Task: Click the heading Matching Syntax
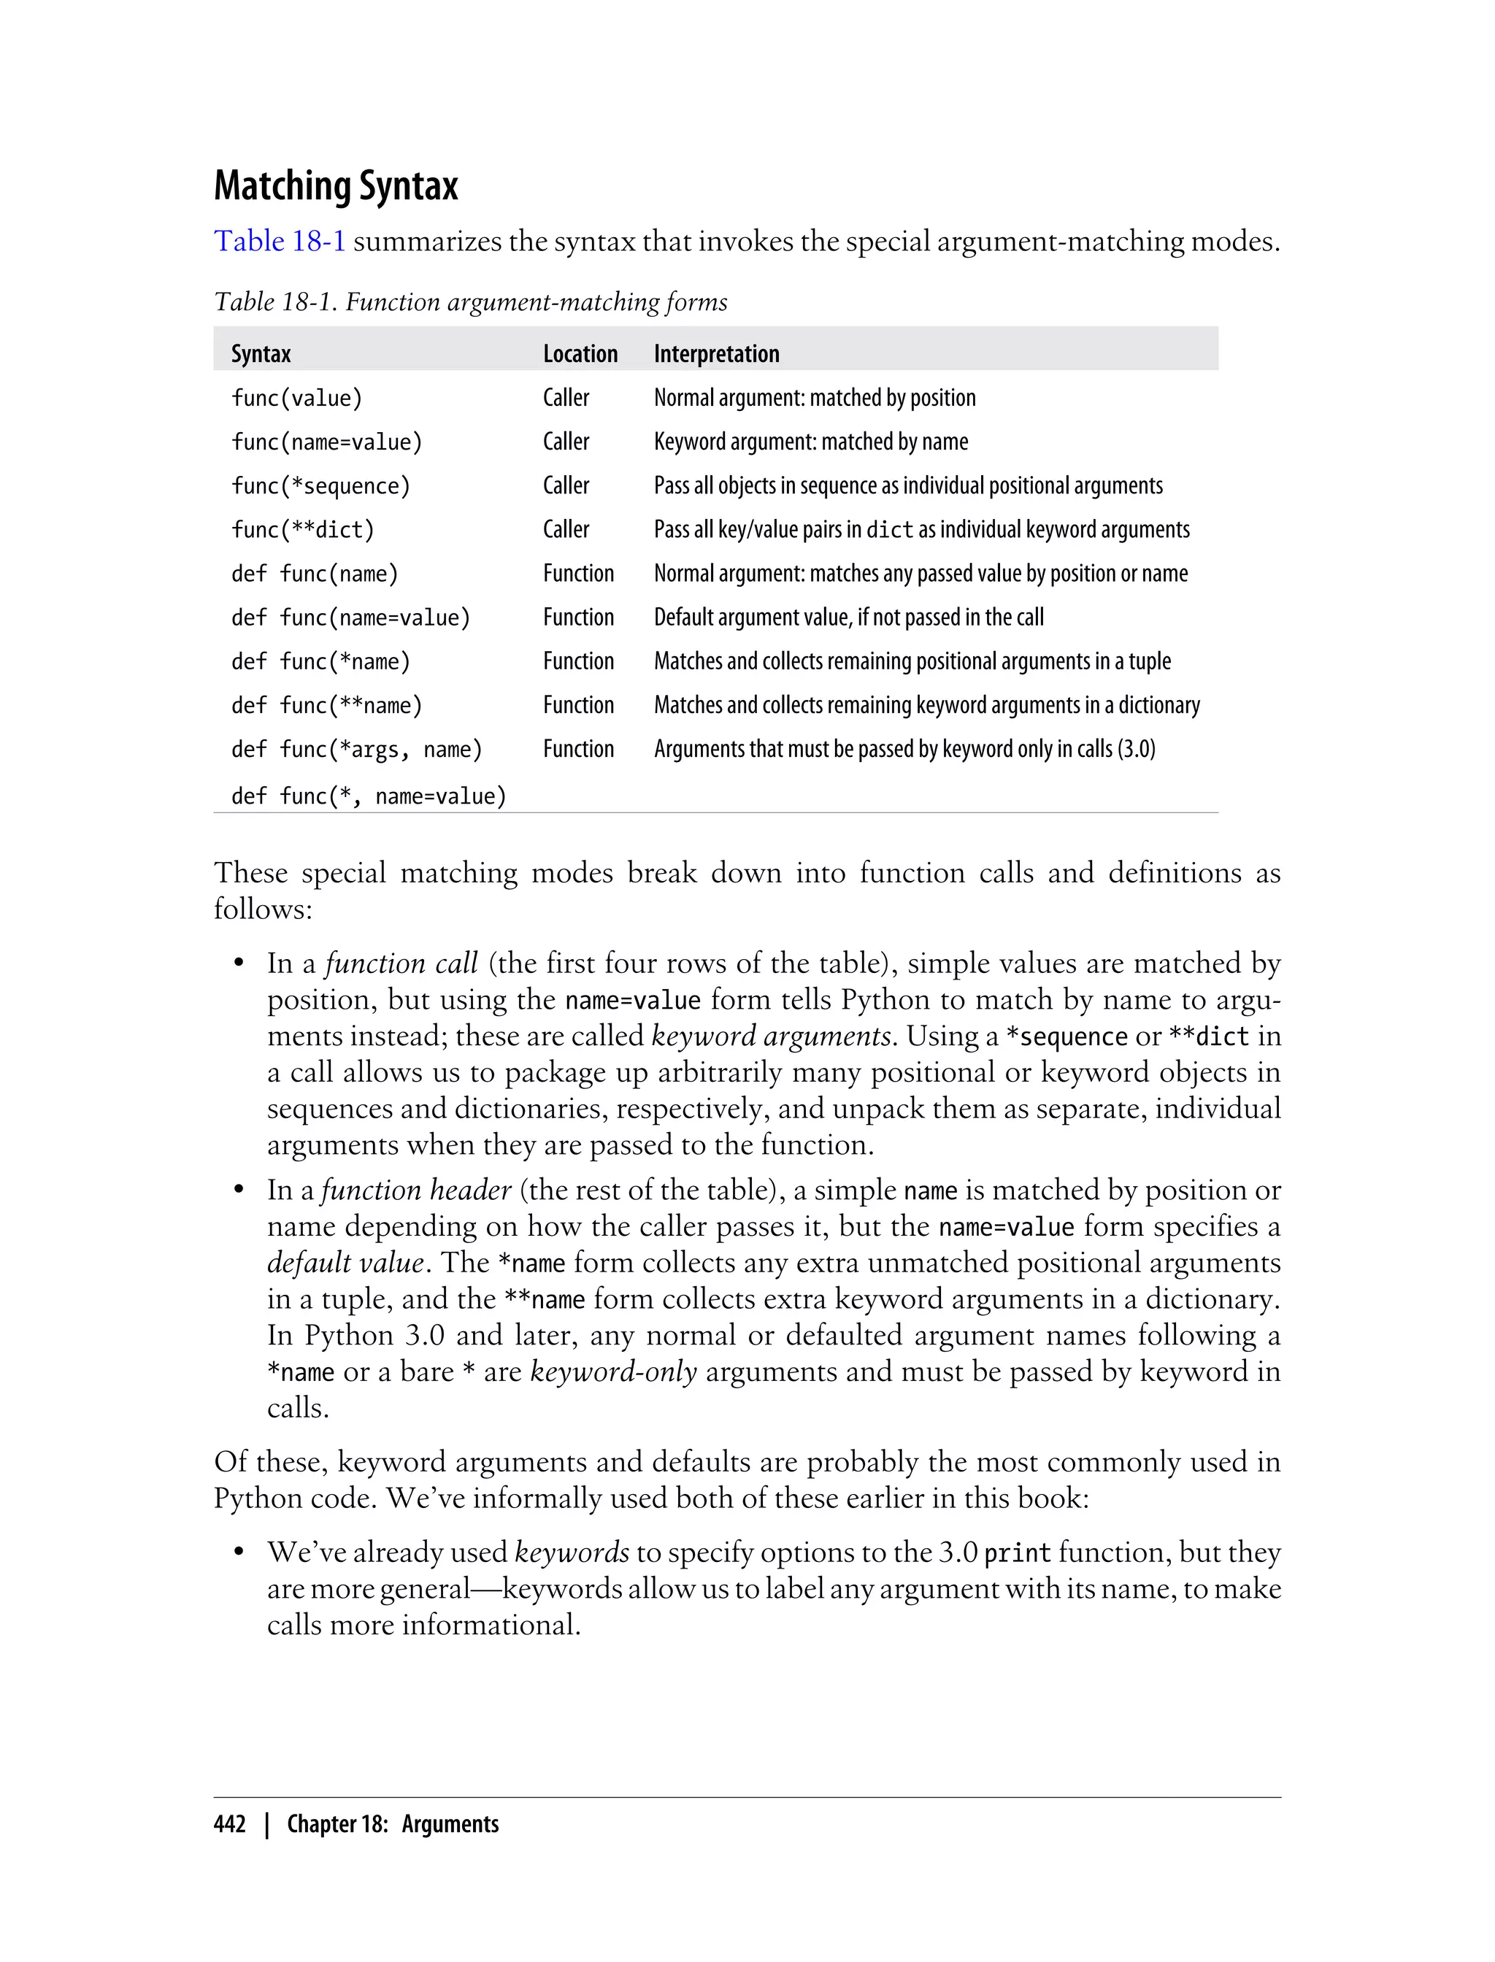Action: [x=336, y=186]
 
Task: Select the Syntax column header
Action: [x=261, y=353]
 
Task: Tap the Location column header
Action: [x=580, y=353]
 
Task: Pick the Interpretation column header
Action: [x=716, y=353]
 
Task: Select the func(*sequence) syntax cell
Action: [x=320, y=486]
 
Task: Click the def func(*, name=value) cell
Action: [x=369, y=796]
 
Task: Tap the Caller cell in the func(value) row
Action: [x=566, y=398]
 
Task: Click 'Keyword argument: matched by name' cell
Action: [x=811, y=442]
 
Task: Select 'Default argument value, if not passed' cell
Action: [x=848, y=617]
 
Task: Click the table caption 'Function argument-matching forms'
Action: [x=536, y=302]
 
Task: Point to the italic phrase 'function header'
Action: [x=417, y=1190]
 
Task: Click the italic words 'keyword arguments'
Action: [x=771, y=1036]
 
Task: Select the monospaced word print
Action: [x=1017, y=1553]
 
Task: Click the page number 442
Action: [x=230, y=1824]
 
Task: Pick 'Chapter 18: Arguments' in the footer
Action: [x=393, y=1824]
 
